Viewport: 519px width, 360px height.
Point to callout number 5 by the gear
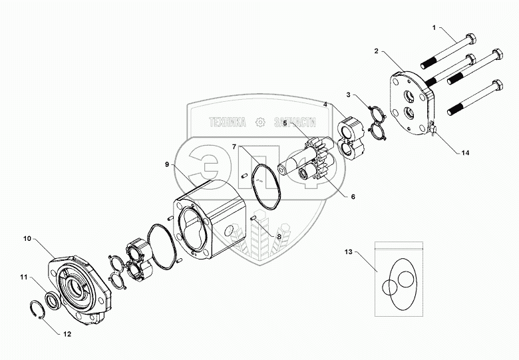coord(285,123)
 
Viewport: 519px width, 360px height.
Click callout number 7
coord(235,146)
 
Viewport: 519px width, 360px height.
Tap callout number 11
coord(23,278)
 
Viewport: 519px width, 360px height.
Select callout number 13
coord(348,252)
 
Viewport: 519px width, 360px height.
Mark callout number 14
coord(465,152)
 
